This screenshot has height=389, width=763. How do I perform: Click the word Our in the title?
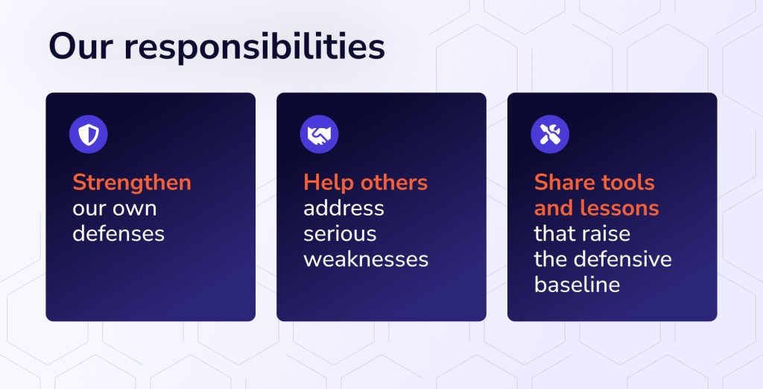pos(80,47)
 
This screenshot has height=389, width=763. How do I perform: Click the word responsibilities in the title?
pos(255,48)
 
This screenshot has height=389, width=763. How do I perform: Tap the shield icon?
pos(89,134)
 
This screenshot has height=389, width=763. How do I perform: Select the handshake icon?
pos(319,134)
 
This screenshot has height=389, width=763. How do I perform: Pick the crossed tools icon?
pos(550,134)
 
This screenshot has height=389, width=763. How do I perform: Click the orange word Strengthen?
pos(132,183)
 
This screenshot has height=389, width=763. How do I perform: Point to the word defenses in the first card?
pos(118,234)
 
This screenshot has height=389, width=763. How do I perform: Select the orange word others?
pos(393,183)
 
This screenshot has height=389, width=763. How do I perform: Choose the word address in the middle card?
pos(343,209)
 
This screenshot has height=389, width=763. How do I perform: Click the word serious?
pos(340,234)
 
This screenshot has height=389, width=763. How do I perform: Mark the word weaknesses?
pos(366,260)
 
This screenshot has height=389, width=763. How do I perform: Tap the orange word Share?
pos(564,183)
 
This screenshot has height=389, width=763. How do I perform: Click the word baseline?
pos(577,285)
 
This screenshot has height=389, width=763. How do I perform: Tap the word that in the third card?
pos(557,234)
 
